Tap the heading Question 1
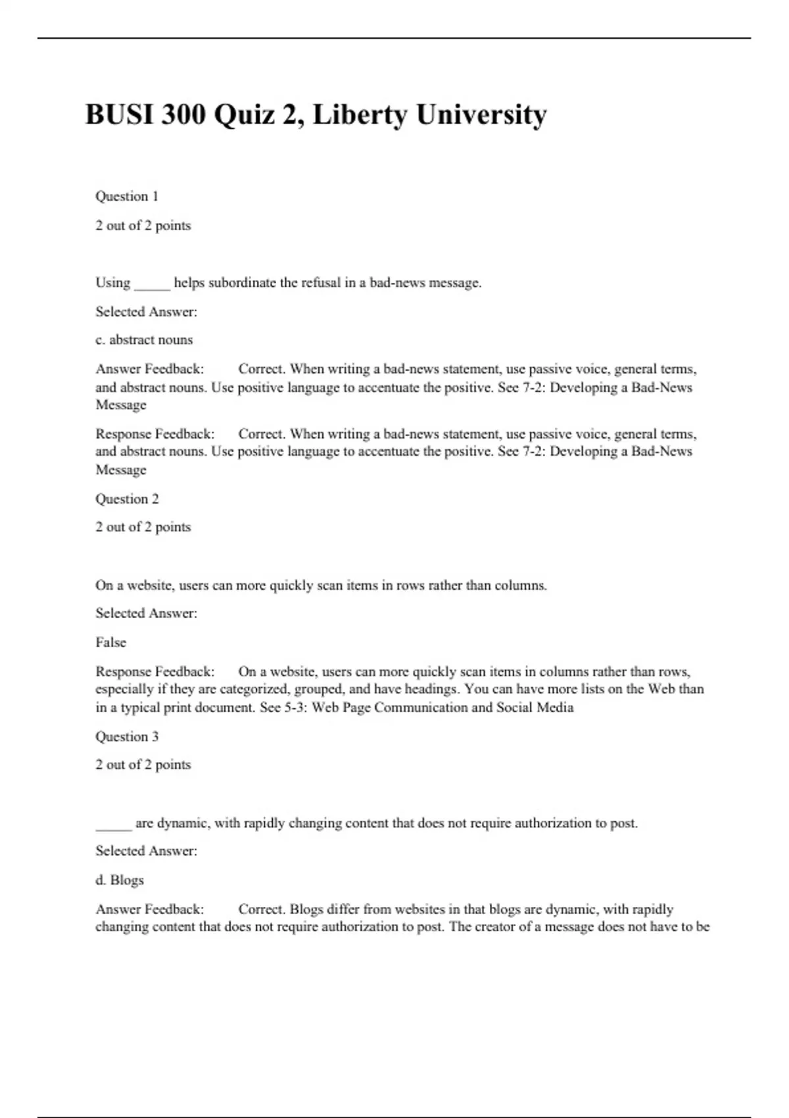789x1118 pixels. tap(127, 196)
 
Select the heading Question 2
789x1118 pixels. tap(127, 498)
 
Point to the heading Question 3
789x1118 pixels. tap(127, 737)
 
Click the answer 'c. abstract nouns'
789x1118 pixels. tap(144, 340)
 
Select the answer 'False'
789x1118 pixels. tap(110, 643)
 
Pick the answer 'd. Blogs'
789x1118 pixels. tap(120, 880)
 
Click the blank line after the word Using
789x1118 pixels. tap(152, 284)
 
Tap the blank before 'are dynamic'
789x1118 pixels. tap(114, 825)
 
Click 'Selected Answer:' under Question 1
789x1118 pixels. tap(146, 312)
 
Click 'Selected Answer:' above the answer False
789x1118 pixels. tap(146, 613)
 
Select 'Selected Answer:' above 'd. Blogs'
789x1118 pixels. tap(146, 851)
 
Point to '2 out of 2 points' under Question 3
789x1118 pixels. tap(143, 765)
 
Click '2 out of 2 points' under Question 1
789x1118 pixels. tap(143, 226)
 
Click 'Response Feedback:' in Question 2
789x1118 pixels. tap(155, 671)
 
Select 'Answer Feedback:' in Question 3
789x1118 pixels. tap(149, 910)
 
